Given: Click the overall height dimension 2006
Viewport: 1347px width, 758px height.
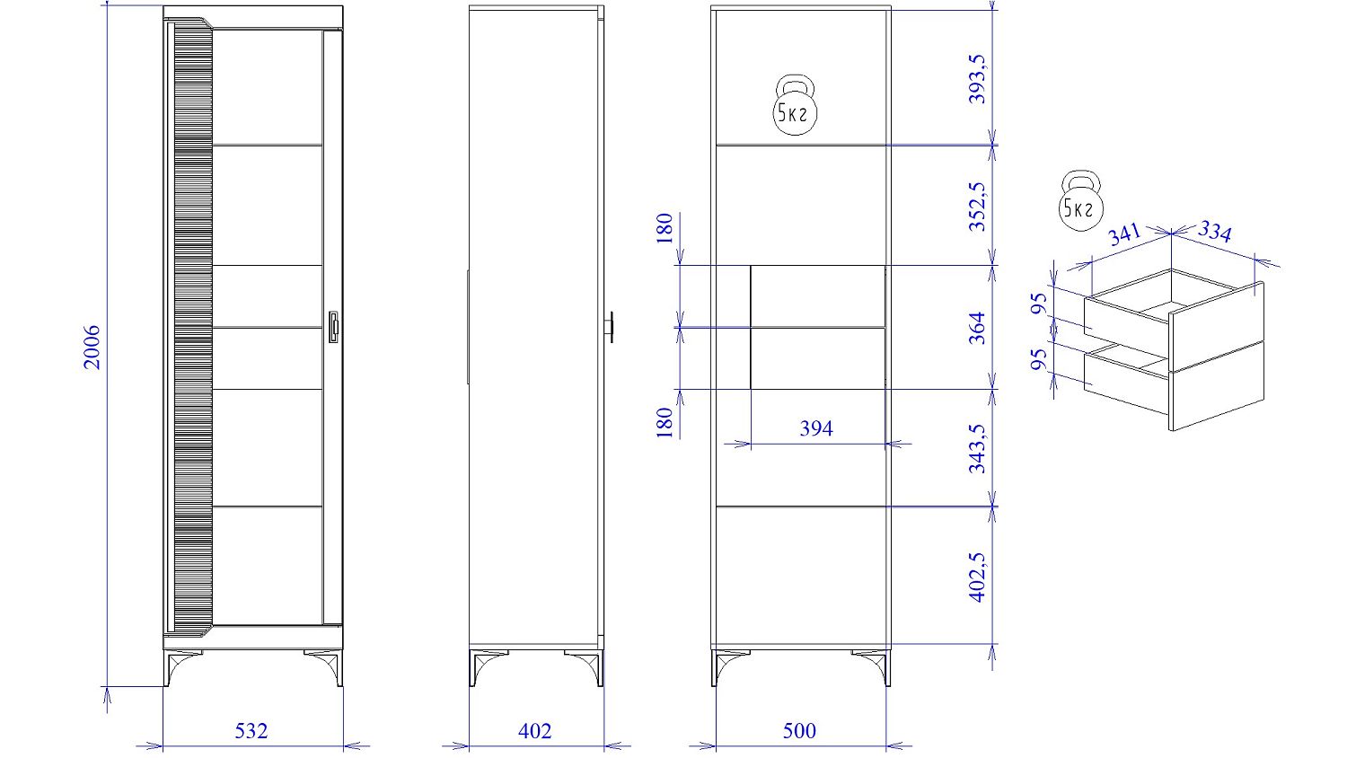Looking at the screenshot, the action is click(92, 347).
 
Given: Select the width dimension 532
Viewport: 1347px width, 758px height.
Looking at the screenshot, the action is click(251, 731).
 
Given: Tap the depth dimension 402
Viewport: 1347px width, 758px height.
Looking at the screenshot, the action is click(534, 731).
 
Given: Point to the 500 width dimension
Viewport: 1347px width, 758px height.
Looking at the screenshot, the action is click(799, 731).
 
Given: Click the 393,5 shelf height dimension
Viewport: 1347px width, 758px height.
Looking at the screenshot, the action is click(978, 79).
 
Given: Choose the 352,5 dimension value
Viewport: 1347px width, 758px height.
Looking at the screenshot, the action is click(978, 207).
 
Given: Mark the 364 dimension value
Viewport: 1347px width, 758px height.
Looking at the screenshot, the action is click(978, 328).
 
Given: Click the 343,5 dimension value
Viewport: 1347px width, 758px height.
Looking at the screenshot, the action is click(978, 449).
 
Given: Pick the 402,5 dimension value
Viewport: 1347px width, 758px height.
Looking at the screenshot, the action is click(978, 577).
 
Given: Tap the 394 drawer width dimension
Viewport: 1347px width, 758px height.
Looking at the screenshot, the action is click(816, 428).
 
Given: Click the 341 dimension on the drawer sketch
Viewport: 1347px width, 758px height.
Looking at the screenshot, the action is click(1124, 234).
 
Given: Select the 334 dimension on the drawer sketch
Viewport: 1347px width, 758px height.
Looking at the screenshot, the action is click(1215, 231).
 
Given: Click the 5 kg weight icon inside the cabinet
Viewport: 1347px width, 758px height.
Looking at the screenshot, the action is click(795, 105).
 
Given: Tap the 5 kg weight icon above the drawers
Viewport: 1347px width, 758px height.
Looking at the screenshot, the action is click(1081, 200).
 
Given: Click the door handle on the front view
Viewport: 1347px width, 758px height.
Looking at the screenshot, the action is click(334, 327).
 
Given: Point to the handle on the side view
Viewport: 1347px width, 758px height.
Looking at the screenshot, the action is click(611, 327).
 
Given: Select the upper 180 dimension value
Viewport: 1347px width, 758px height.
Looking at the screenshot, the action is click(665, 228).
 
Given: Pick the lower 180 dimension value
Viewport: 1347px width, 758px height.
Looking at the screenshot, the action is click(665, 422).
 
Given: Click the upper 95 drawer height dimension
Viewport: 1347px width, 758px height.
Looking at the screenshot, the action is click(1039, 304).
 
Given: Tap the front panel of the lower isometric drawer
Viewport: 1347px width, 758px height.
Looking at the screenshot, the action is click(1217, 385).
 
